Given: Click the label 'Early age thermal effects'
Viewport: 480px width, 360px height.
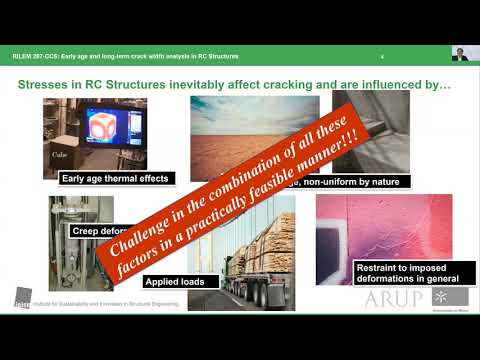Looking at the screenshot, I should click(116, 179).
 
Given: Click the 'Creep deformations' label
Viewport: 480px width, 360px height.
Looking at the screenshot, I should click(95, 231).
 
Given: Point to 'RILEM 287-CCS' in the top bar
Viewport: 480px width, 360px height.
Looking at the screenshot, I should click(39, 56).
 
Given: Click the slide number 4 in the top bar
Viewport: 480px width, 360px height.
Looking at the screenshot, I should click(383, 56).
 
